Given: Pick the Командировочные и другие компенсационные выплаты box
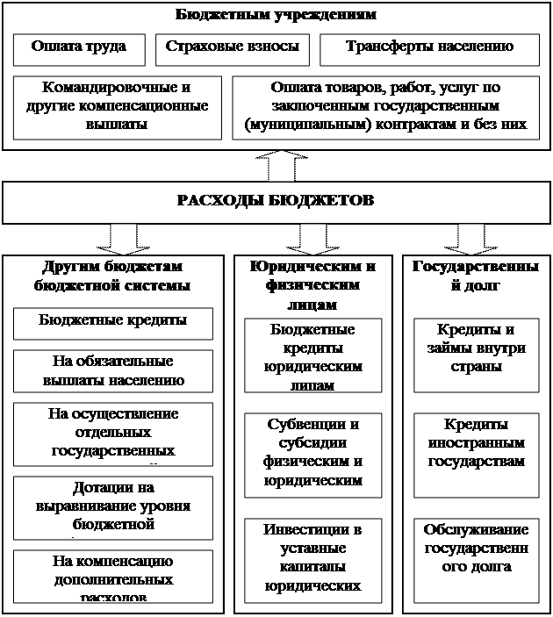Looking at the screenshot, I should (x=118, y=107).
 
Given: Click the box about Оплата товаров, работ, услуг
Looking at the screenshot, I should (x=385, y=107).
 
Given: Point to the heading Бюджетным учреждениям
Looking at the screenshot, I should (x=276, y=15).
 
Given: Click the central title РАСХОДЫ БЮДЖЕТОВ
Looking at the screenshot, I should (x=276, y=201).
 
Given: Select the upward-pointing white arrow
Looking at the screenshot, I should (x=276, y=165).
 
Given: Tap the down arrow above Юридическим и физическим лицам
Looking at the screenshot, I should (x=312, y=237).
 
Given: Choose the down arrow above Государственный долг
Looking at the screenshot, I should (x=470, y=237).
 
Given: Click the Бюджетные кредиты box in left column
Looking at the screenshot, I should (x=113, y=322).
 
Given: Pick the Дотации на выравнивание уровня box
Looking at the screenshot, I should (x=113, y=506).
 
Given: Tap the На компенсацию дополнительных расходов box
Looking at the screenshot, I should (x=113, y=575).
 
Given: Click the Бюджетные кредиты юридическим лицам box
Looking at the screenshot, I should (x=313, y=356).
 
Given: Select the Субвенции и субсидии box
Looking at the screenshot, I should (x=313, y=452).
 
